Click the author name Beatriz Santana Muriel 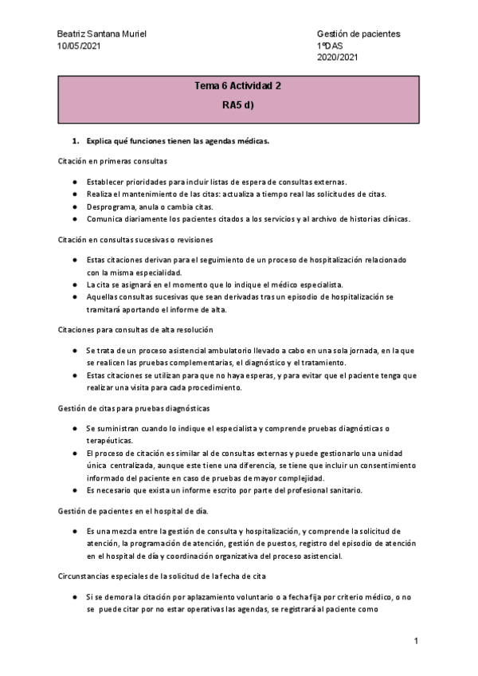102,35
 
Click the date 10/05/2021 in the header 80,46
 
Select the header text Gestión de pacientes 358,35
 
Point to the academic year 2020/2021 338,57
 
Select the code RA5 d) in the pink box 238,104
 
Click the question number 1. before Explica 76,141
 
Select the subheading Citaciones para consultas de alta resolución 135,329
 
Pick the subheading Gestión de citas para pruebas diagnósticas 133,407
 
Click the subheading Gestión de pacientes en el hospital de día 131,509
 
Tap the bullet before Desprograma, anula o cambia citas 74,206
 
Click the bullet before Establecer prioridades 74,181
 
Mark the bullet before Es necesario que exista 74,490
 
